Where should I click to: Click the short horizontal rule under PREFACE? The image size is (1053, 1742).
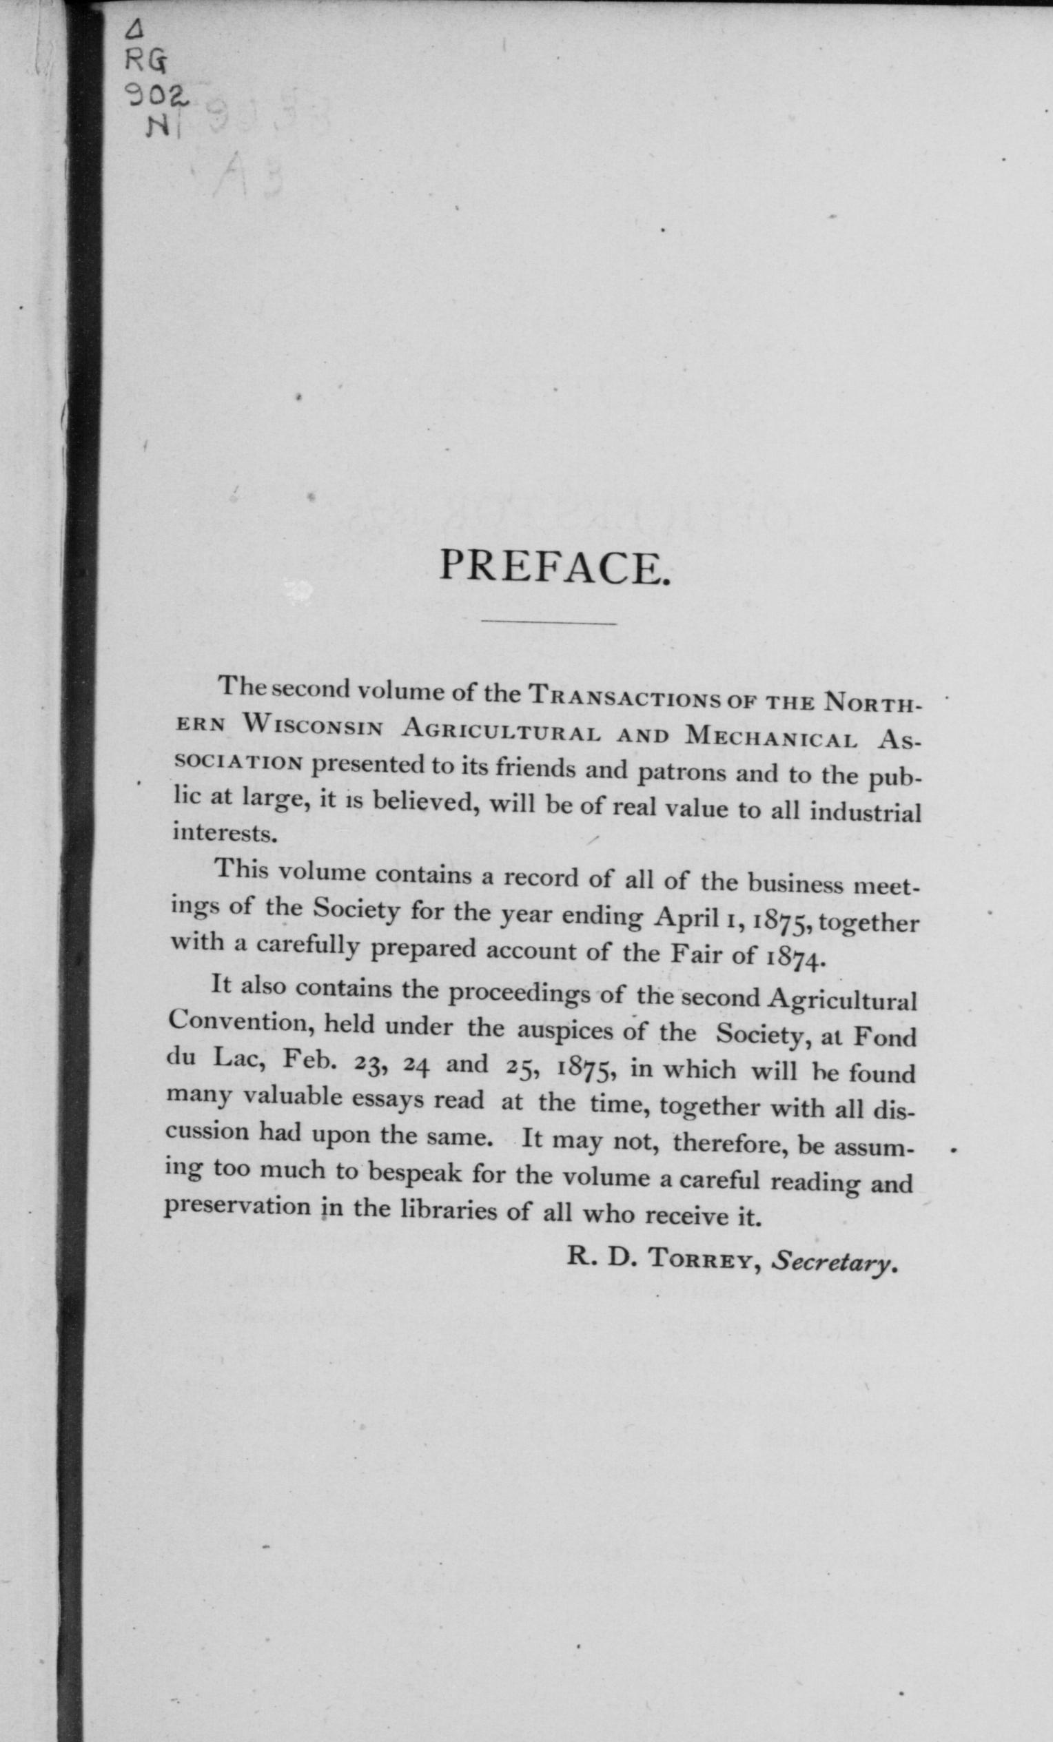pyautogui.click(x=548, y=623)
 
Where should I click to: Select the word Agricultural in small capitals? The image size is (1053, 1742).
pyautogui.click(x=501, y=731)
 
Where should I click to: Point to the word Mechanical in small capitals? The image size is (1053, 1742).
pyautogui.click(x=773, y=737)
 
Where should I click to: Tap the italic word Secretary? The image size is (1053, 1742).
pyautogui.click(x=834, y=1260)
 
